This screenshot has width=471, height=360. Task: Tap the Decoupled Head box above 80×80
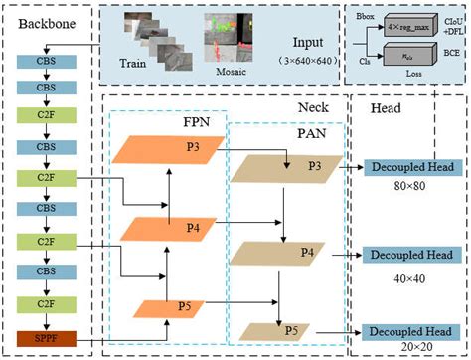tap(411, 167)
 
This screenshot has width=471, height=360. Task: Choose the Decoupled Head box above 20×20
tap(411, 331)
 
